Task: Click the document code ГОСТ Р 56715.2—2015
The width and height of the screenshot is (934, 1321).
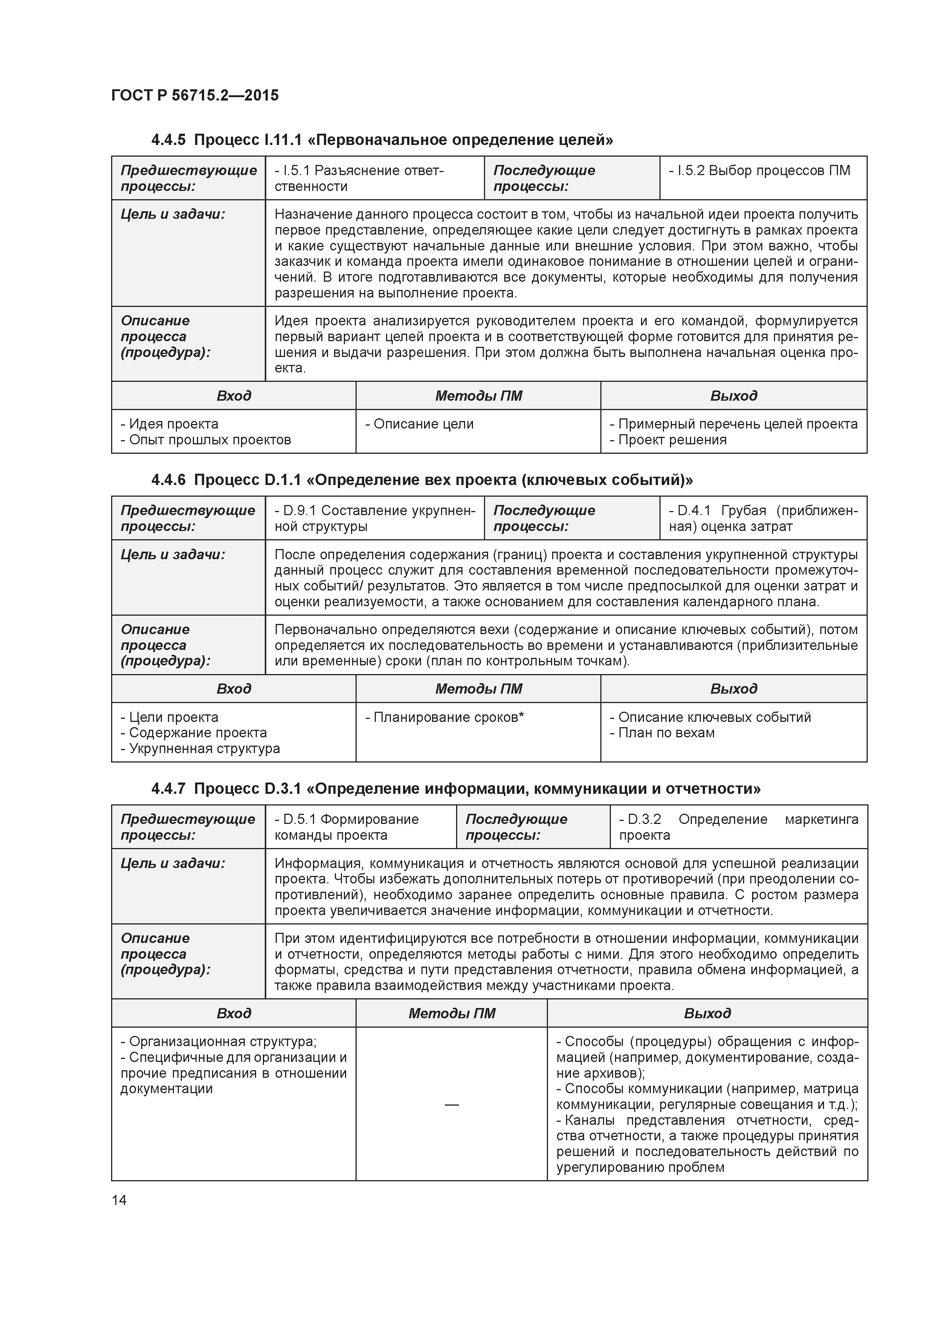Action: point(194,96)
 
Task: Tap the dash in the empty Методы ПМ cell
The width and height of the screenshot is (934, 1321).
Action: point(452,1104)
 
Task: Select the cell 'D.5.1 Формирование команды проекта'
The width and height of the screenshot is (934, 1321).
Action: point(347,827)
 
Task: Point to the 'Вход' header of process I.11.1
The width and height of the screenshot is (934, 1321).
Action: point(233,396)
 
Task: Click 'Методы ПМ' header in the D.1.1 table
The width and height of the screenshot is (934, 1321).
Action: point(478,689)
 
